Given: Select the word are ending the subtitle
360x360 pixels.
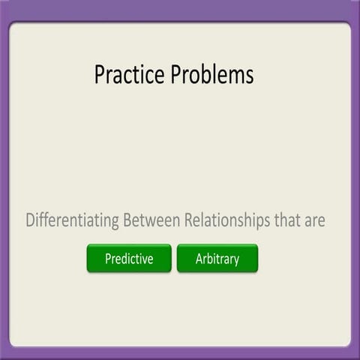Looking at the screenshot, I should pyautogui.click(x=314, y=221).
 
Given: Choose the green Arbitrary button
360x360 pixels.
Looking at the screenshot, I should pyautogui.click(x=217, y=259).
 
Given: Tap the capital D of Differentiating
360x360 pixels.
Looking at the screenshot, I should pyautogui.click(x=30, y=221).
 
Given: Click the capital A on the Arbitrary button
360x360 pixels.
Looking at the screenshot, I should pyautogui.click(x=199, y=259).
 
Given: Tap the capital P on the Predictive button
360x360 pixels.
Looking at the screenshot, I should pyautogui.click(x=109, y=259).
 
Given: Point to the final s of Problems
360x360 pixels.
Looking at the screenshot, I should pyautogui.click(x=249, y=75).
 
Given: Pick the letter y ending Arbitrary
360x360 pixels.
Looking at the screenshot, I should pyautogui.click(x=236, y=260).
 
